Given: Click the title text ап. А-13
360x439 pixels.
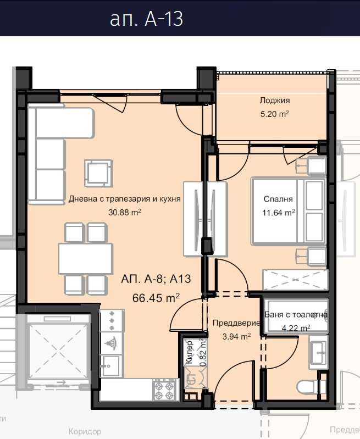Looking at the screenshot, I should coord(146,19).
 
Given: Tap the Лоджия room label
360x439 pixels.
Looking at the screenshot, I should coord(275,101).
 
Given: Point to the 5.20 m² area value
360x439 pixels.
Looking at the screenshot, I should coord(275,114).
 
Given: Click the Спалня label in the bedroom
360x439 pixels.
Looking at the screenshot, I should coord(278,199).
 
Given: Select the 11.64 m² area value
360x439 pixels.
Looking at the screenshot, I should coord(278,212).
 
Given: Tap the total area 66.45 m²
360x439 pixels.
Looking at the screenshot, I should coord(157,298).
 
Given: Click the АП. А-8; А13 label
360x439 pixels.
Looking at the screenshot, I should coord(156,279).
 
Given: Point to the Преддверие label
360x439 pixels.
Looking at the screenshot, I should coord(231,324).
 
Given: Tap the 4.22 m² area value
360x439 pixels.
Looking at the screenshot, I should coord(295,328).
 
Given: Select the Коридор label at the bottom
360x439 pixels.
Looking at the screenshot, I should coord(85,432).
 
